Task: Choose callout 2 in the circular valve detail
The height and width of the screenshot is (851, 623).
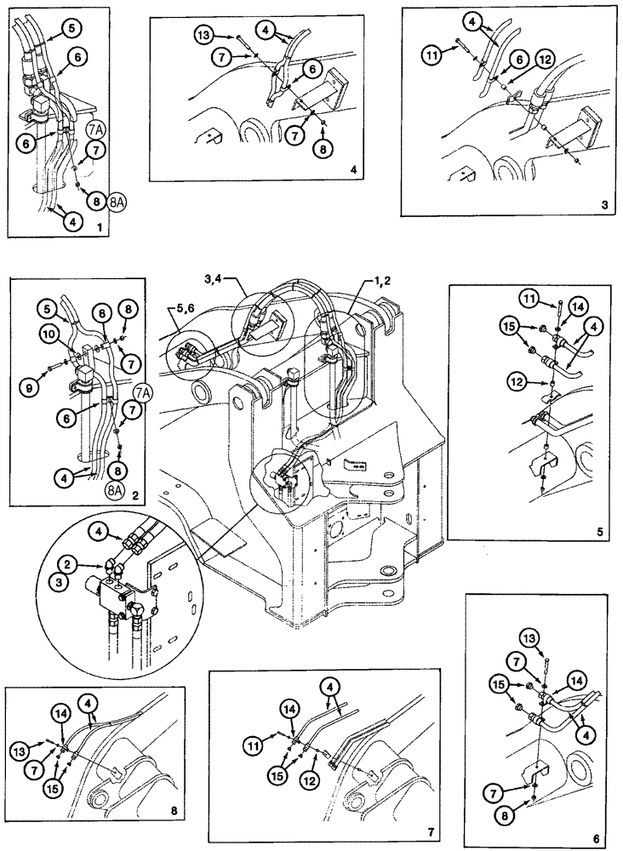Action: [66, 563]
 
